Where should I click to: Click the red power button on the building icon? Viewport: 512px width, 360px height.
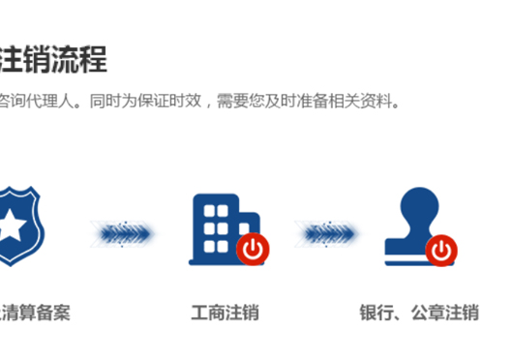(x=253, y=249)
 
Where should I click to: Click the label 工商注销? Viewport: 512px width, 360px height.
(x=225, y=313)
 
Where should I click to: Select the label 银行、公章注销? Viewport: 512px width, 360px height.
(x=419, y=313)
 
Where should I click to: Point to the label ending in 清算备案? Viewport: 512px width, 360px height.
(x=37, y=313)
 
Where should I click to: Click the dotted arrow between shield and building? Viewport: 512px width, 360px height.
(x=123, y=231)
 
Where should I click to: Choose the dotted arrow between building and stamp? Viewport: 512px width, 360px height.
(x=327, y=231)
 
